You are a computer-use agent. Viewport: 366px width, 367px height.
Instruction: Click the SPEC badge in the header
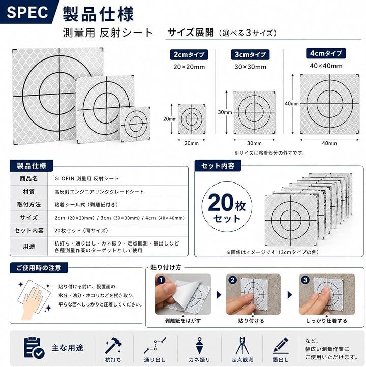click(27, 12)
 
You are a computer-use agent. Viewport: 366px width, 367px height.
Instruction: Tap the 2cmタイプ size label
click(189, 55)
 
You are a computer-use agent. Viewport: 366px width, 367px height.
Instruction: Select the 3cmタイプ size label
click(250, 55)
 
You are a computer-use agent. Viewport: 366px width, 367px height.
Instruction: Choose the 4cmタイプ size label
click(326, 53)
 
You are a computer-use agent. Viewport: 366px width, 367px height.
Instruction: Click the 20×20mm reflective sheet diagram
click(192, 119)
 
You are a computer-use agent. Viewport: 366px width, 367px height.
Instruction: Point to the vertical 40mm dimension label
click(292, 104)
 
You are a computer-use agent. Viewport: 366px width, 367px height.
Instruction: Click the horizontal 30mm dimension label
click(254, 143)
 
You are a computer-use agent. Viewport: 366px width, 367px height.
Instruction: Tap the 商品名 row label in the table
click(28, 179)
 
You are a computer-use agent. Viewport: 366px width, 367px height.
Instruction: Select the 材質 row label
click(28, 192)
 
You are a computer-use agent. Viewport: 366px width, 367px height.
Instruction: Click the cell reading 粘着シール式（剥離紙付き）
click(86, 205)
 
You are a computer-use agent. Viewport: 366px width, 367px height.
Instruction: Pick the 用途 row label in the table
click(28, 247)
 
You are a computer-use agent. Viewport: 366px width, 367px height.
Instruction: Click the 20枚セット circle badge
click(227, 207)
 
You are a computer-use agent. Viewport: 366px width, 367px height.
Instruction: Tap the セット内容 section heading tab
click(218, 166)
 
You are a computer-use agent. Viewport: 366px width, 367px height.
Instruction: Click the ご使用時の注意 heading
click(39, 268)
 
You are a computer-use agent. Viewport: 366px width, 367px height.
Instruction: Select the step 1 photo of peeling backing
click(183, 294)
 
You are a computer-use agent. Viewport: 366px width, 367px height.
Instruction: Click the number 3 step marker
click(305, 280)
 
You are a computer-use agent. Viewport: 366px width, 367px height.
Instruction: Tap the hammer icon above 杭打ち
click(113, 346)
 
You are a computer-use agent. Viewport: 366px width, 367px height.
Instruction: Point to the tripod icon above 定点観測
click(242, 346)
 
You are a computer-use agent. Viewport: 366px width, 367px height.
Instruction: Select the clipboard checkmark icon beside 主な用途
click(34, 348)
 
